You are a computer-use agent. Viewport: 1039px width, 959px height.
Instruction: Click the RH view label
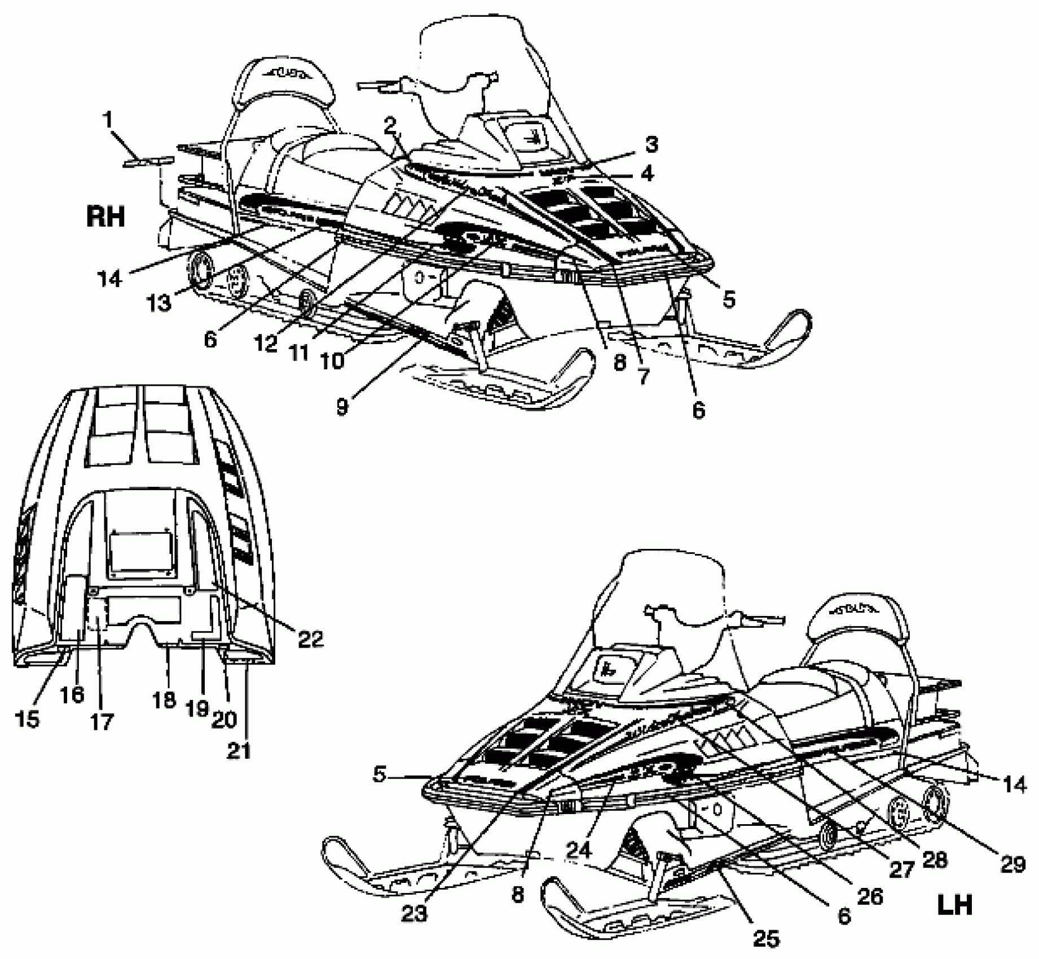click(105, 217)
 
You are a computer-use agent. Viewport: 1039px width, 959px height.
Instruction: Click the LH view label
click(956, 905)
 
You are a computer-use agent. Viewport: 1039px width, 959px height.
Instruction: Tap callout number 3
click(651, 144)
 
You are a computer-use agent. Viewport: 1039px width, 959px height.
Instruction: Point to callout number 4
click(648, 173)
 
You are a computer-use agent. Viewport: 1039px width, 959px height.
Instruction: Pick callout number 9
click(342, 406)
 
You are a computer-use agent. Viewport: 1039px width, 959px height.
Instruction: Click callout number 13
click(159, 303)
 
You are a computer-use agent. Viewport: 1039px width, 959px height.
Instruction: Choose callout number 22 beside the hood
click(310, 638)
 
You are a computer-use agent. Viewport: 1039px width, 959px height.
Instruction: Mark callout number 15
click(28, 719)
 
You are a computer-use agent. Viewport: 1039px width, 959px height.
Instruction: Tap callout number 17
click(102, 721)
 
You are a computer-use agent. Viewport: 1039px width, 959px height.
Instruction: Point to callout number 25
click(765, 938)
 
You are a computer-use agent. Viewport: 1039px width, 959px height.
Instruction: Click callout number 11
click(299, 353)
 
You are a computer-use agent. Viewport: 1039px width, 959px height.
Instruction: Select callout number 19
click(197, 709)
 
